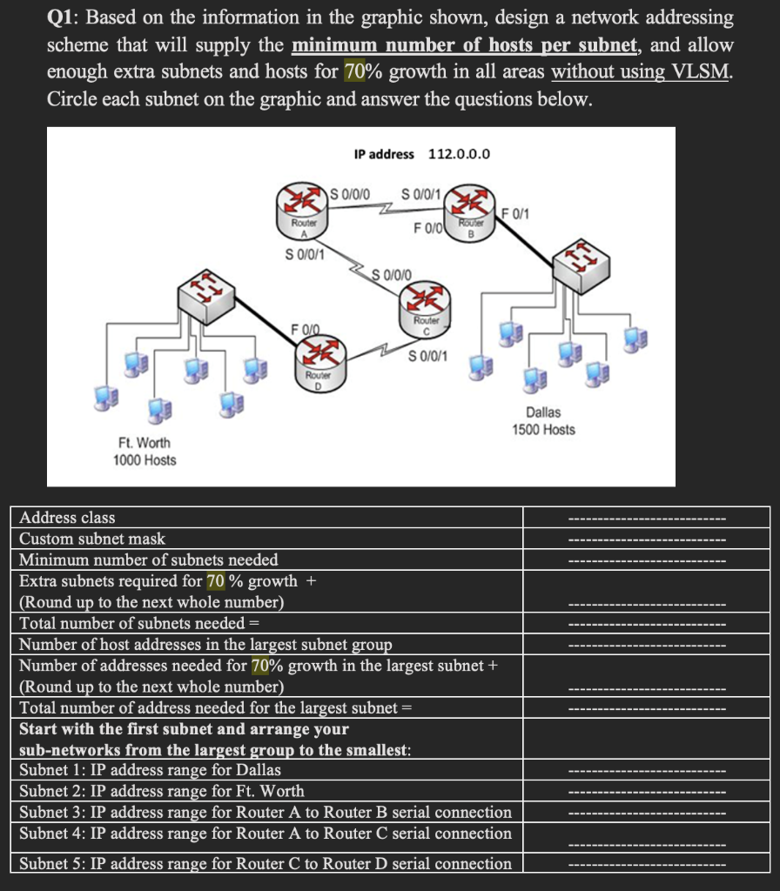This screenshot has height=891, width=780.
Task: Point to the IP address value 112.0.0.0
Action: click(x=459, y=154)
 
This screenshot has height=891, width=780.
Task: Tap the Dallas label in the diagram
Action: click(x=543, y=412)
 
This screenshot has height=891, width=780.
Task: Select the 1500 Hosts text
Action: click(x=543, y=429)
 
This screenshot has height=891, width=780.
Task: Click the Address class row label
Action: click(x=67, y=518)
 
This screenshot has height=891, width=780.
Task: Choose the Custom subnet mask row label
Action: click(x=92, y=539)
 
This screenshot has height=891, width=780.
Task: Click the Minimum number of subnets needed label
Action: click(x=149, y=559)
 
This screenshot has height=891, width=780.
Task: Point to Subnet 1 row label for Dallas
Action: click(x=150, y=770)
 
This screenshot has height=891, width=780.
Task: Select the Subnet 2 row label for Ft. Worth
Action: click(x=162, y=791)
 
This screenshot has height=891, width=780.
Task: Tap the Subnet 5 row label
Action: click(x=266, y=863)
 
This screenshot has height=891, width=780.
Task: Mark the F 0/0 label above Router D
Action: click(x=306, y=328)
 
